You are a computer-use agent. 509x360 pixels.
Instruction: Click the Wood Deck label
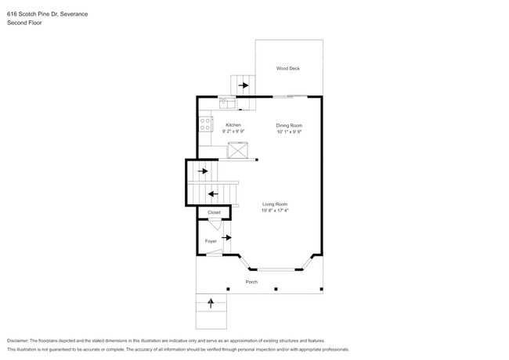[287, 69]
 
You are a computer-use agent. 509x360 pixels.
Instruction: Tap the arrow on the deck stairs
[244, 85]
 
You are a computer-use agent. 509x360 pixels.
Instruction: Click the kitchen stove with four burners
[206, 123]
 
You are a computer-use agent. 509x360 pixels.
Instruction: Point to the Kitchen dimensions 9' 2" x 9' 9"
[233, 131]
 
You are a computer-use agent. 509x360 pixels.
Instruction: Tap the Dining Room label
[289, 125]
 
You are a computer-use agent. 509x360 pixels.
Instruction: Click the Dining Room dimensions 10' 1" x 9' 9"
[289, 131]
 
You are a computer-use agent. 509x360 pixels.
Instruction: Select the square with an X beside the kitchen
[237, 151]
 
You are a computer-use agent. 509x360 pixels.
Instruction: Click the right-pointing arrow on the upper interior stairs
[203, 171]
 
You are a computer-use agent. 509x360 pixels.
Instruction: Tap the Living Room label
[274, 204]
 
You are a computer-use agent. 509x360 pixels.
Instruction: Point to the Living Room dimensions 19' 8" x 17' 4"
[275, 211]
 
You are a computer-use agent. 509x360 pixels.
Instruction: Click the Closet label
[214, 213]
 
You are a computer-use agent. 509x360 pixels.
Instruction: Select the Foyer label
[211, 241]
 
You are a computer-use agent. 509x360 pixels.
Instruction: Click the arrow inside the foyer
[227, 237]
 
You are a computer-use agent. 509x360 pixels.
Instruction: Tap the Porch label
[251, 282]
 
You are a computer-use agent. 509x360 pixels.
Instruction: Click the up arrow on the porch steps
[210, 301]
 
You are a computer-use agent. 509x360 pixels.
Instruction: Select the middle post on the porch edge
[276, 289]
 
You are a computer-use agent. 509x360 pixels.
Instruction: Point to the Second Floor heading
[24, 23]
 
